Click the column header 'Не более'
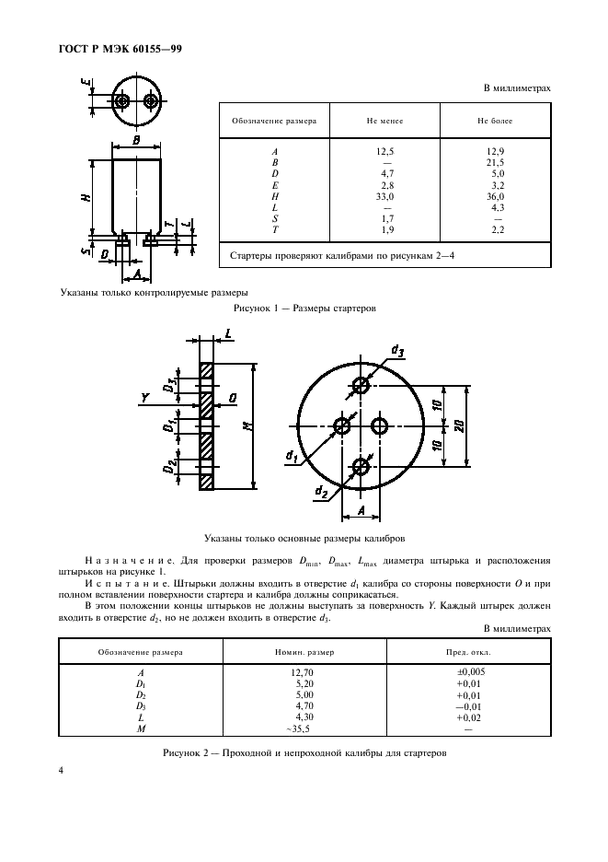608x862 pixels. click(x=495, y=121)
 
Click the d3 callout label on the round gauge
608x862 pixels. click(x=397, y=350)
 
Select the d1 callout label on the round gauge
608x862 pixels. click(x=292, y=455)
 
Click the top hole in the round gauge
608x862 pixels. click(x=361, y=387)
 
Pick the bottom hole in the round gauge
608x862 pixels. click(x=361, y=468)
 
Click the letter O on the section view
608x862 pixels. click(x=234, y=399)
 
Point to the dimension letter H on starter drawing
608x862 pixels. click(x=85, y=194)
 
